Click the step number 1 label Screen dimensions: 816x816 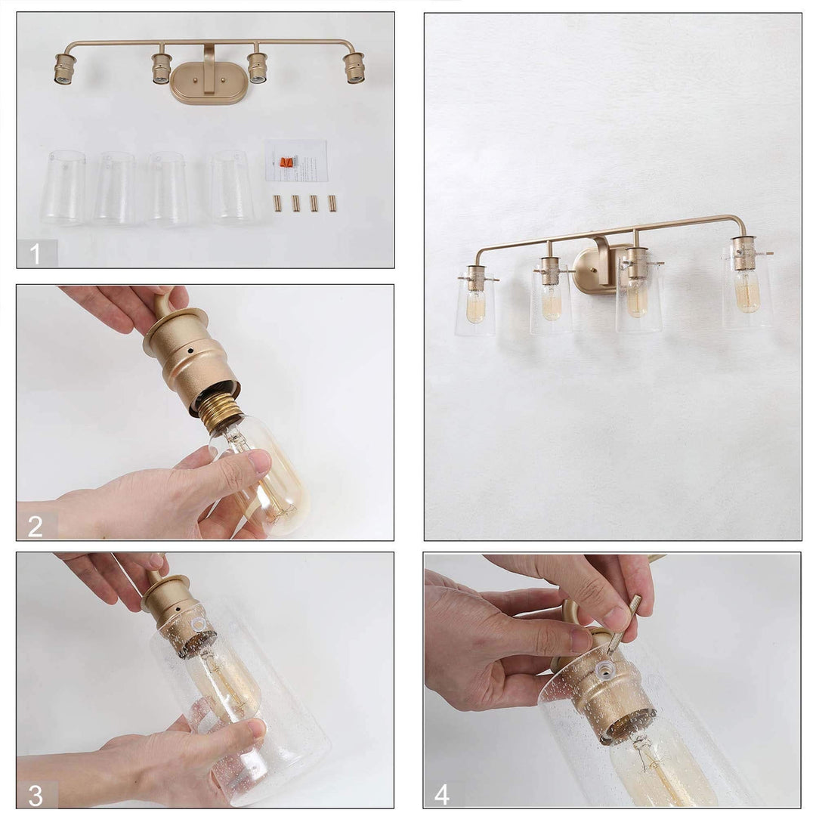coord(36,253)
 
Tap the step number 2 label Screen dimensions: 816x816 coord(36,525)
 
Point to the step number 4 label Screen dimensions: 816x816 coord(443,793)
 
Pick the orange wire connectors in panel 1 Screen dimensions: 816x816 coord(286,162)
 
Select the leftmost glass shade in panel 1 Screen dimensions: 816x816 coord(63,187)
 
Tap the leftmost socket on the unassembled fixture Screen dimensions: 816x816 coord(64,69)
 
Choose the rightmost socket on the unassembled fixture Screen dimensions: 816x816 coord(354,68)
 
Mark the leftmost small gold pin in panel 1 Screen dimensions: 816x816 coord(277,203)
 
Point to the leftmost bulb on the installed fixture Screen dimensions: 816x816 coord(475,307)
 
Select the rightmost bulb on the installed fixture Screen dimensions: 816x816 coord(746,290)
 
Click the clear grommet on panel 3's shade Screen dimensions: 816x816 coord(199,624)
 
